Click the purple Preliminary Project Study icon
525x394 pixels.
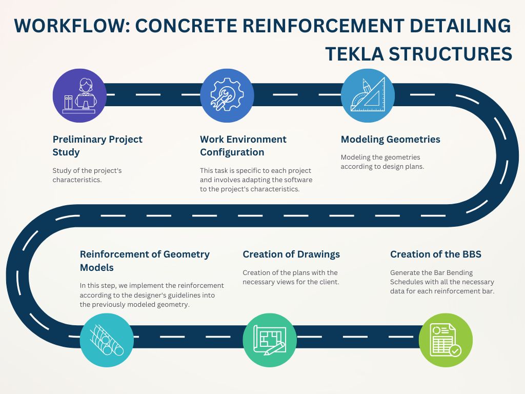(x=79, y=95)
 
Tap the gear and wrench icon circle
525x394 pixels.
(x=227, y=95)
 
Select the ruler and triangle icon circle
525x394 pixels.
(x=368, y=95)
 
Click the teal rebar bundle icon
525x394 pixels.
(x=107, y=340)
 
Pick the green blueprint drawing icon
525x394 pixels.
(x=270, y=340)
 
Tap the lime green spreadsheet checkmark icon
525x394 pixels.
(x=446, y=340)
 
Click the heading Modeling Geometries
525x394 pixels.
(x=390, y=140)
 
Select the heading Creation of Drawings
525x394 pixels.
(x=291, y=254)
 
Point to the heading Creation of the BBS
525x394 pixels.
(x=436, y=254)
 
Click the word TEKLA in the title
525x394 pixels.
(x=354, y=53)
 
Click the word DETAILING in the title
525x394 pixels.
(x=460, y=26)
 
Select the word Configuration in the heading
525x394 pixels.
(x=232, y=152)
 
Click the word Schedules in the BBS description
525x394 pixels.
(x=406, y=282)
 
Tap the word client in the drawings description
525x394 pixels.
(x=329, y=282)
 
